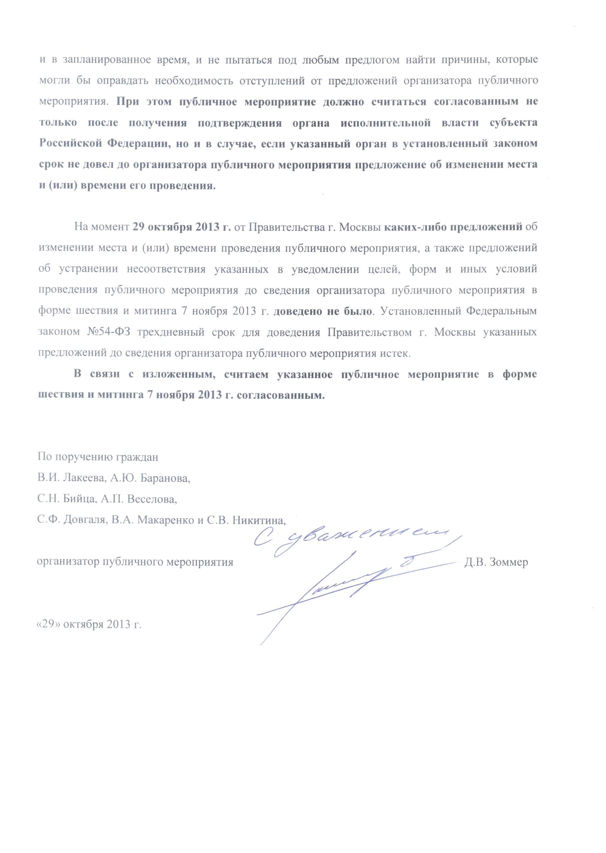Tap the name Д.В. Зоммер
(496, 562)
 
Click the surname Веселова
(152, 499)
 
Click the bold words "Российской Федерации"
(103, 144)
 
